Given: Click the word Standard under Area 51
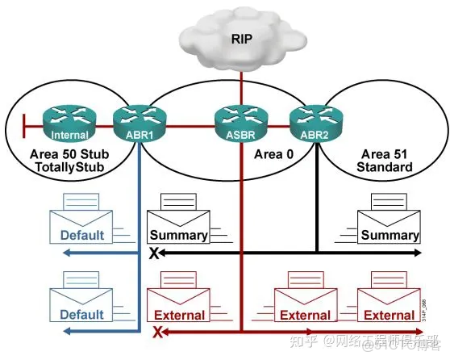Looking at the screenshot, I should point(384,167).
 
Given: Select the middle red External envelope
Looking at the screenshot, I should point(305,303).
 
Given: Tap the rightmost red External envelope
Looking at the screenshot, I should point(390,303).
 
